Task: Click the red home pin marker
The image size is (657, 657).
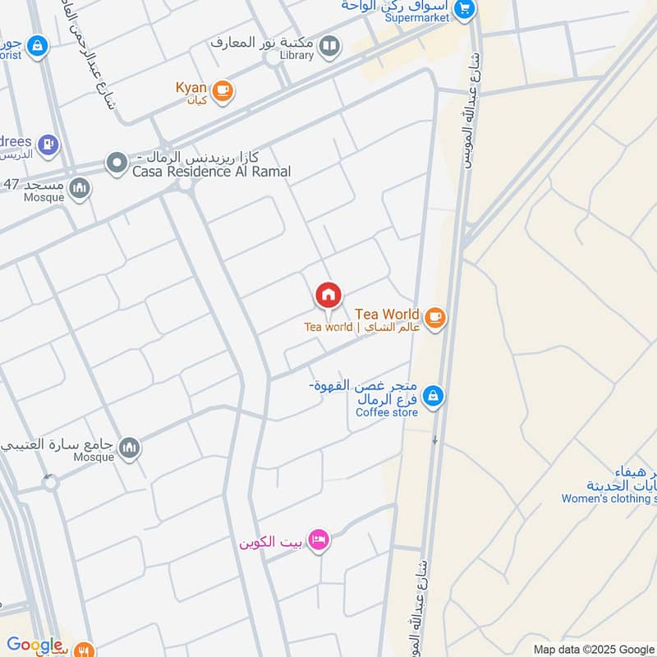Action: (x=328, y=295)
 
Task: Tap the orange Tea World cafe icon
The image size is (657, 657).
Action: (x=434, y=316)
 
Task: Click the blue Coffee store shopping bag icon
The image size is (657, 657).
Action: (x=434, y=397)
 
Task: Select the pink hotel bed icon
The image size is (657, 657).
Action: (x=321, y=539)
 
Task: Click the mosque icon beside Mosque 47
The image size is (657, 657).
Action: (x=80, y=188)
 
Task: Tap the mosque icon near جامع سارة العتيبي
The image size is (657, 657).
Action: (x=129, y=448)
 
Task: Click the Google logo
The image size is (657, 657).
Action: (x=34, y=645)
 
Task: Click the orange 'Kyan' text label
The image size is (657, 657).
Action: (x=191, y=88)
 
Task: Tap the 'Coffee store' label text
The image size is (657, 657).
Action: (x=387, y=412)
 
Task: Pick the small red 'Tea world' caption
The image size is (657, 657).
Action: (x=328, y=327)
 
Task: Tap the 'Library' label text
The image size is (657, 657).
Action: (x=296, y=55)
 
